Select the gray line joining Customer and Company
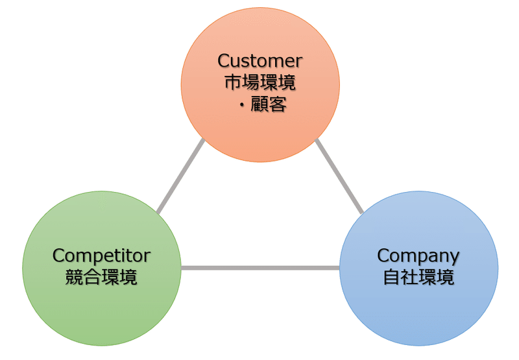click(339, 176)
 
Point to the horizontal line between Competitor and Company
click(259, 267)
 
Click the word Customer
click(259, 61)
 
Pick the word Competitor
click(101, 255)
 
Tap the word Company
click(418, 255)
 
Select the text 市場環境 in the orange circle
click(259, 82)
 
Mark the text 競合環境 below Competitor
click(101, 278)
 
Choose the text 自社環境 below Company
click(418, 278)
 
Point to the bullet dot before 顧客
click(241, 104)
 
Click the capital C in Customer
click(224, 61)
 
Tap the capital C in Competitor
click(58, 255)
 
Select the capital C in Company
click(383, 255)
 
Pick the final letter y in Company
click(454, 257)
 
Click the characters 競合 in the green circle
click(83, 278)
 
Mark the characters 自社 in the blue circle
click(400, 278)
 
